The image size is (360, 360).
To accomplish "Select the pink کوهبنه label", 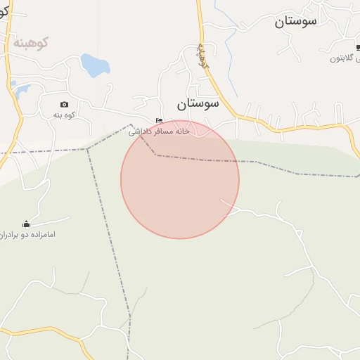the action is [29, 43].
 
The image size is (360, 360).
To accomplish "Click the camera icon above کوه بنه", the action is [65, 104].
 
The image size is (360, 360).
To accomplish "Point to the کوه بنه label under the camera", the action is [64, 115].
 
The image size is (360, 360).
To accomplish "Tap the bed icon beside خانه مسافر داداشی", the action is [160, 120].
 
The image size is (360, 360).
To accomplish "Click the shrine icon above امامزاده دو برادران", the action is [27, 224].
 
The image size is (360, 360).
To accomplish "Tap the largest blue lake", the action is [94, 65].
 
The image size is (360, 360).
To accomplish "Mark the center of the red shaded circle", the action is [180, 179].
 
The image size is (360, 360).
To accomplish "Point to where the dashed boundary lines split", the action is [88, 149].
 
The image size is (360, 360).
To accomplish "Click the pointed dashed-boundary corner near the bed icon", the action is [131, 126].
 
